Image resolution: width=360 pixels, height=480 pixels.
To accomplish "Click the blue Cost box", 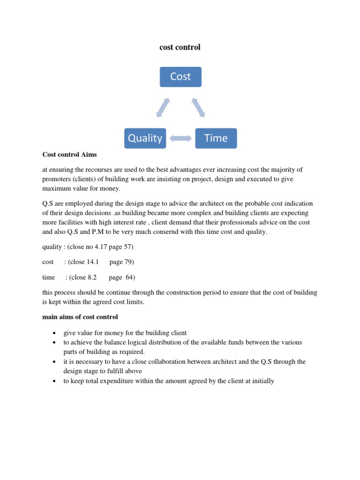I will [x=180, y=77].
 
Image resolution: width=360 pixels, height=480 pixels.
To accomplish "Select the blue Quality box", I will [x=145, y=138].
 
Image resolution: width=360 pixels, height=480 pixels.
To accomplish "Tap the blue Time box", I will [x=216, y=138].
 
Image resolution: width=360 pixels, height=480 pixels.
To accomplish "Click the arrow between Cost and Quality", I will [x=163, y=107].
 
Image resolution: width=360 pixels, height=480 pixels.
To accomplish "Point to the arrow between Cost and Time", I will [x=198, y=107].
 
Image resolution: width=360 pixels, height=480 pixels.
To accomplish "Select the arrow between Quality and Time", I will [x=180, y=138].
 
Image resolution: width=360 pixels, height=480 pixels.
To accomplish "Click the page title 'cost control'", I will [x=180, y=47].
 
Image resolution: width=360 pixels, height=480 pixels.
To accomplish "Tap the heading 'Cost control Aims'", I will [x=69, y=154].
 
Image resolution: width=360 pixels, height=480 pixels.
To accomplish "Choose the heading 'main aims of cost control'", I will [x=80, y=317].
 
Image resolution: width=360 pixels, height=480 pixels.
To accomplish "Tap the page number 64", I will [x=130, y=277].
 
